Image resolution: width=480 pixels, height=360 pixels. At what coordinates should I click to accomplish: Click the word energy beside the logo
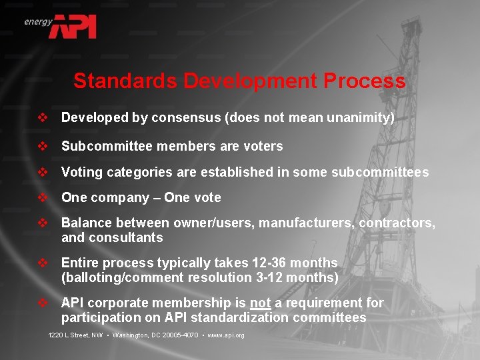click(38, 21)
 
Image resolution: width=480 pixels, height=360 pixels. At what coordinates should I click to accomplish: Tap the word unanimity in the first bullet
click(358, 118)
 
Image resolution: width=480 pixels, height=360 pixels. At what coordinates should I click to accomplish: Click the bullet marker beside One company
click(43, 197)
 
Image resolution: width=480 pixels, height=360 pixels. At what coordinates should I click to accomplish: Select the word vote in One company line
click(206, 197)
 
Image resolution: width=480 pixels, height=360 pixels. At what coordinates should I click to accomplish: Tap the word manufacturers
click(306, 223)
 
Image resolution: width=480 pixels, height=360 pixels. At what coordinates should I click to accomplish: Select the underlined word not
click(260, 303)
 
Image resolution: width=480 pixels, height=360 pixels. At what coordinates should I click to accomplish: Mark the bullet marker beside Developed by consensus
click(43, 118)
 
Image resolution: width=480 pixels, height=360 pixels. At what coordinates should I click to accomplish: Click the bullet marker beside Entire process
click(43, 263)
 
